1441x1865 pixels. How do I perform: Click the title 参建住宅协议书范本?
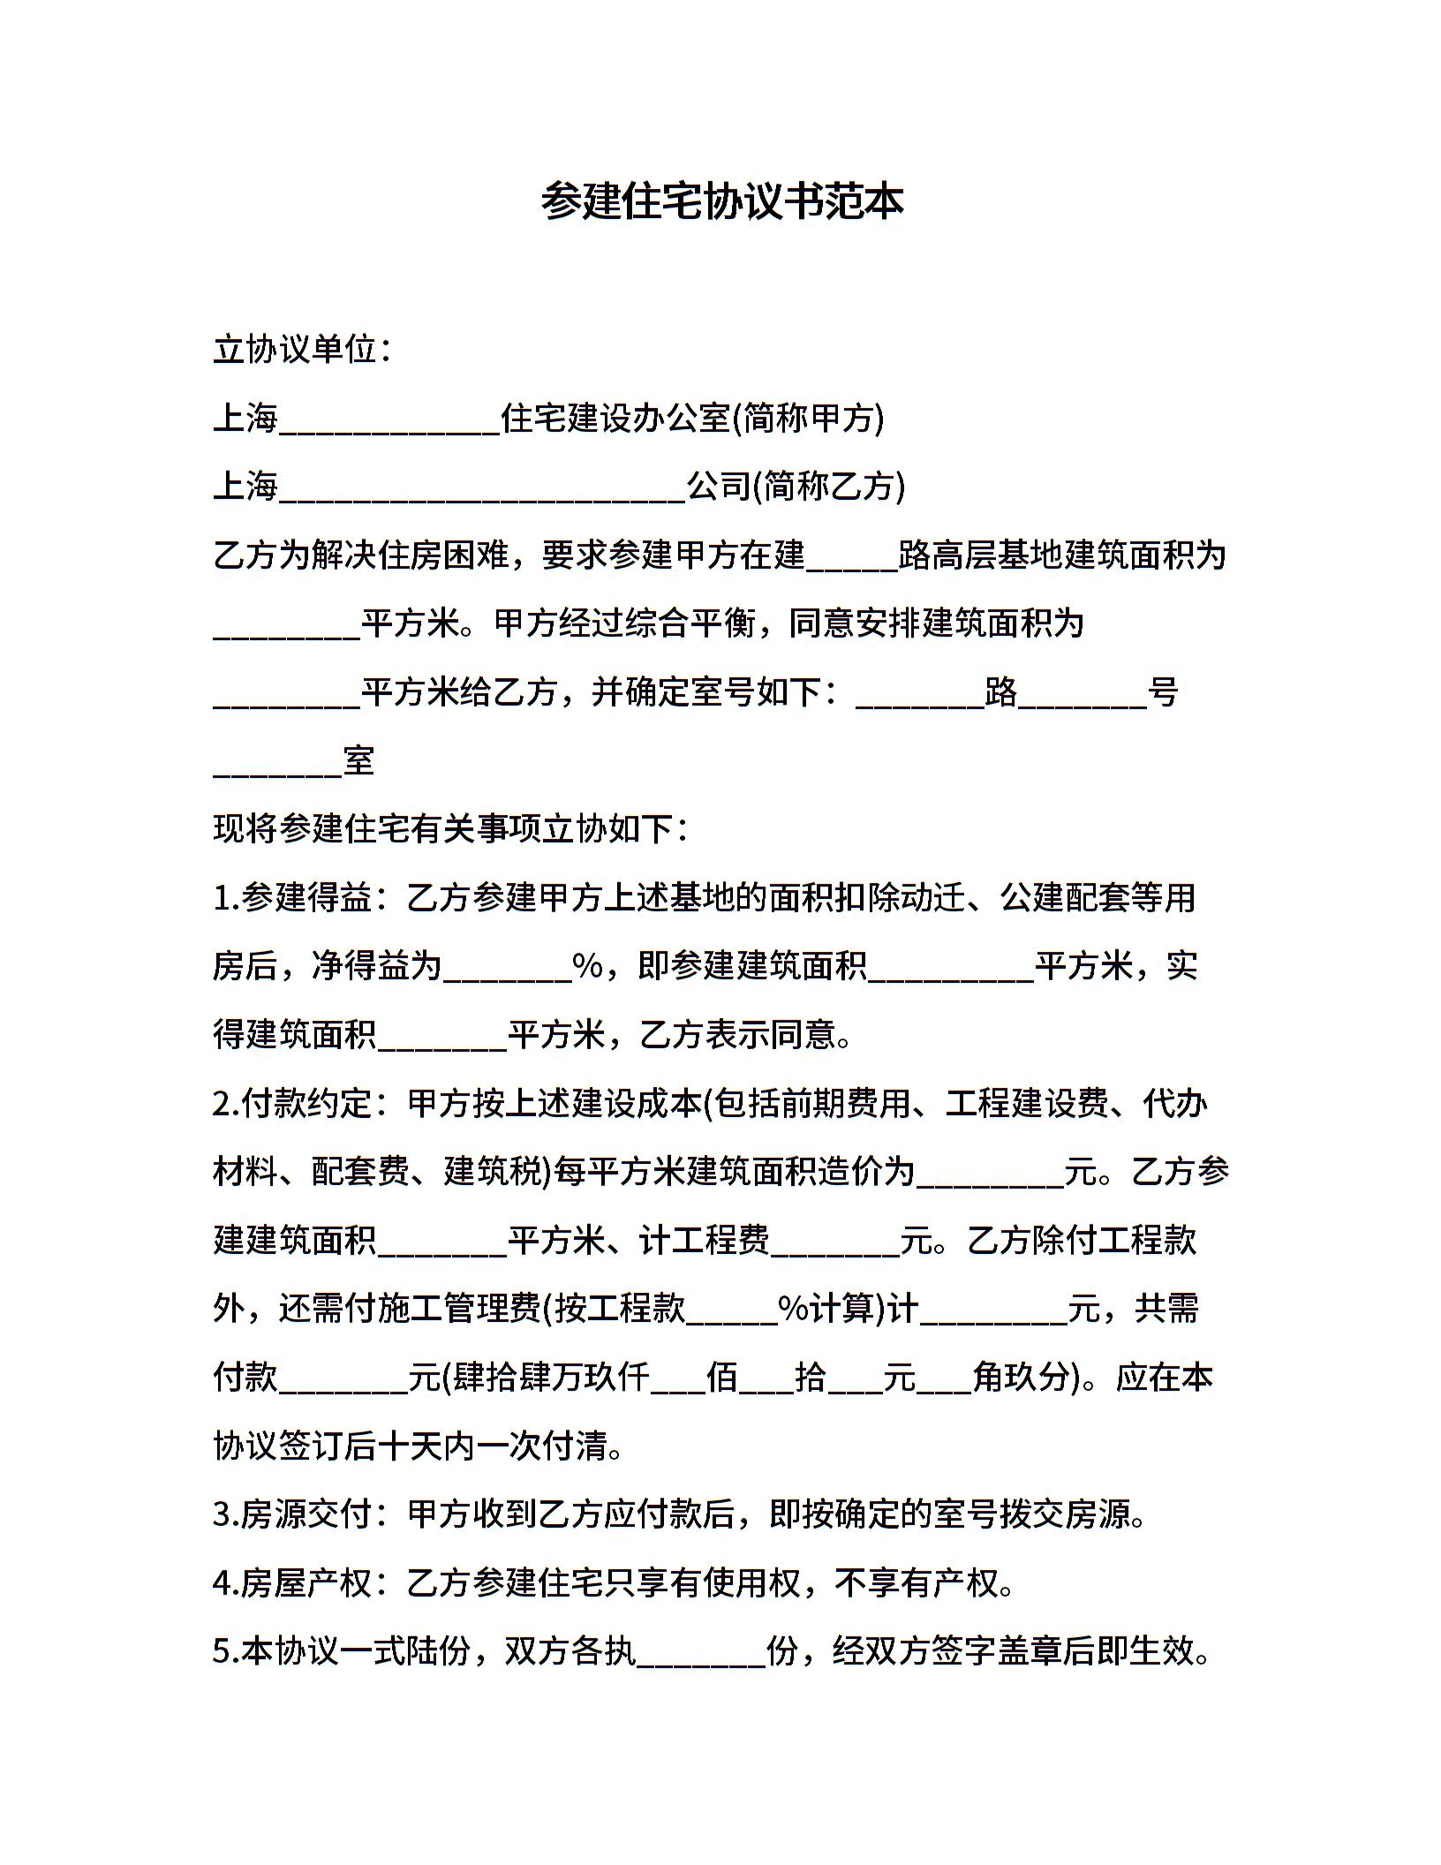[721, 202]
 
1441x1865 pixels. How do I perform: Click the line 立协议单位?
[300, 350]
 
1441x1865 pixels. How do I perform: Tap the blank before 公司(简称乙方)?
[482, 491]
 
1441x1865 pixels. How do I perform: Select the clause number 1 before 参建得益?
[223, 899]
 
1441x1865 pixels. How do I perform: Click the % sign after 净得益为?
[587, 967]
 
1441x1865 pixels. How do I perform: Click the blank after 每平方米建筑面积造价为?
[990, 1178]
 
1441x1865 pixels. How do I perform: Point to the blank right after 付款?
[343, 1383]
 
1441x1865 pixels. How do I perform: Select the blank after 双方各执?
[700, 1657]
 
